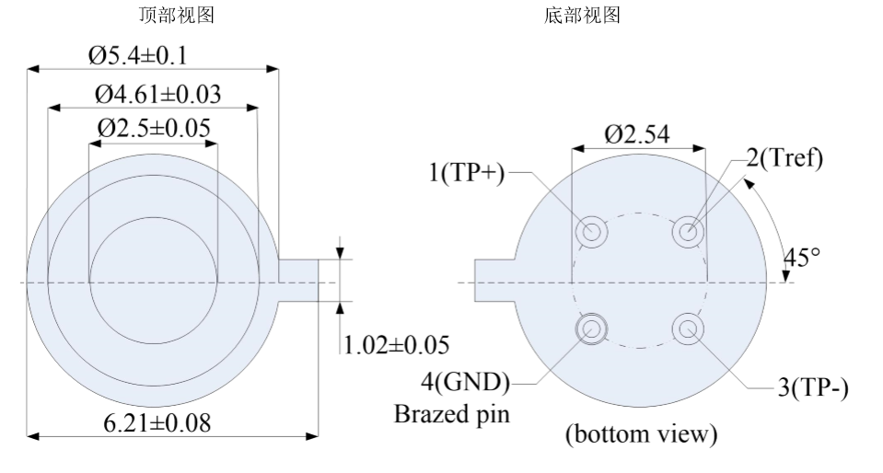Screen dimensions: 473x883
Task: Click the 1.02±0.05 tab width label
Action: point(397,345)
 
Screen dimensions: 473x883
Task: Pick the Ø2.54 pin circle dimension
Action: point(637,135)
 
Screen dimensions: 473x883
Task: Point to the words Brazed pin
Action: point(452,413)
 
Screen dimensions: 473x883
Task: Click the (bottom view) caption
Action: point(641,433)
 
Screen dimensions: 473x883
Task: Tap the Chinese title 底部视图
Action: point(583,16)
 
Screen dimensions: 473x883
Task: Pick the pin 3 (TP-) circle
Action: point(686,327)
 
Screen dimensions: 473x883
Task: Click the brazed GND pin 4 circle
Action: point(591,327)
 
